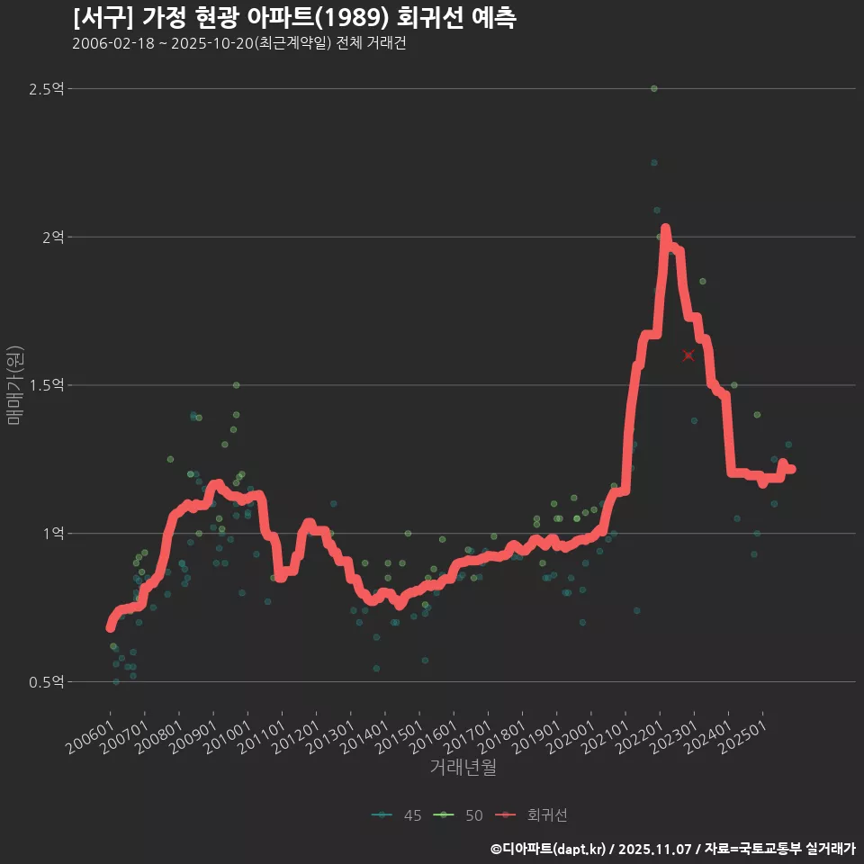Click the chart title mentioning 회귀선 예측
(x=294, y=18)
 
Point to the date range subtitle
(x=238, y=43)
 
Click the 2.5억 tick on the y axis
(x=47, y=89)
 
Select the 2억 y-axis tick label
(x=53, y=238)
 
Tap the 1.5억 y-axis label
(x=47, y=385)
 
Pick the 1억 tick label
(x=53, y=534)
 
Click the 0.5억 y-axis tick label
(x=47, y=682)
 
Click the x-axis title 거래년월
(x=463, y=767)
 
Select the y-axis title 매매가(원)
(x=14, y=385)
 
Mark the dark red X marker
(x=688, y=355)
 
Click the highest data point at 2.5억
(x=654, y=89)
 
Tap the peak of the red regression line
(x=665, y=229)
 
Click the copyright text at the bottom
(x=672, y=848)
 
